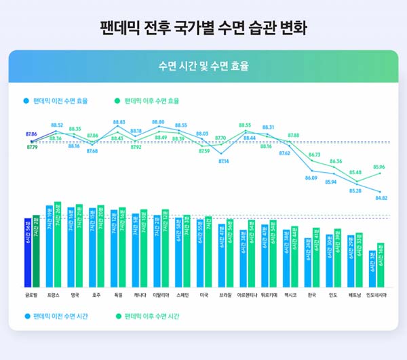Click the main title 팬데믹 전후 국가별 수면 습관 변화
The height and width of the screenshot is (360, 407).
point(203,29)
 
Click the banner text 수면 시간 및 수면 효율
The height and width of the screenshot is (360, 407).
point(203,66)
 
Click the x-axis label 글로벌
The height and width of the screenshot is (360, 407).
point(31,296)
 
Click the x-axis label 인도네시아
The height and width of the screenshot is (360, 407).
point(376,296)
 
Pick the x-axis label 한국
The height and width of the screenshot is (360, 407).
point(312,296)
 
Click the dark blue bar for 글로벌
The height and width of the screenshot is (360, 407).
point(28,251)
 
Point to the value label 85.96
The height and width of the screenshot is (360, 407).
point(379,167)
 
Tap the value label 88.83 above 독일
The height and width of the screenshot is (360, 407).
point(119,123)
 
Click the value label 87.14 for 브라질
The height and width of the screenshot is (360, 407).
point(222,161)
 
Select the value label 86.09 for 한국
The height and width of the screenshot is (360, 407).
point(311,178)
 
